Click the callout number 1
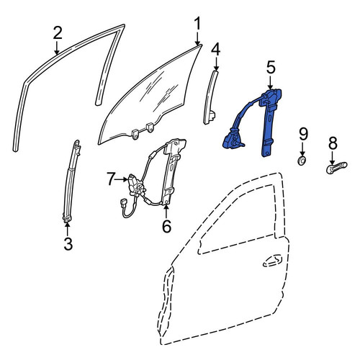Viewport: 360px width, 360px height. click(197, 24)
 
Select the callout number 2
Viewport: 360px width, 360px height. click(58, 33)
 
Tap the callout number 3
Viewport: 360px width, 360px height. click(68, 243)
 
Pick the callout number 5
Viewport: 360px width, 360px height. click(271, 68)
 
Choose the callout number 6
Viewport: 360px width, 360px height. click(166, 226)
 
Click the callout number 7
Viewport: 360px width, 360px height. click(111, 179)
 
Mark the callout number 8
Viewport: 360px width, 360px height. click(333, 143)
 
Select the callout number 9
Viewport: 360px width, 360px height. click(303, 134)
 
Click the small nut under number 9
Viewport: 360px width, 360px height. click(302, 161)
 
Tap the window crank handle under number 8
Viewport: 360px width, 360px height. click(336, 167)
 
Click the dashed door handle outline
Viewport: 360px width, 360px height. click(273, 261)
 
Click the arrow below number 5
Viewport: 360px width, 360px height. click(271, 83)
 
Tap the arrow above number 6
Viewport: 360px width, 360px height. click(166, 211)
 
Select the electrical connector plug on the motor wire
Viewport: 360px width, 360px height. click(124, 203)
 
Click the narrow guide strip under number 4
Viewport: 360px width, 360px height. click(209, 97)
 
